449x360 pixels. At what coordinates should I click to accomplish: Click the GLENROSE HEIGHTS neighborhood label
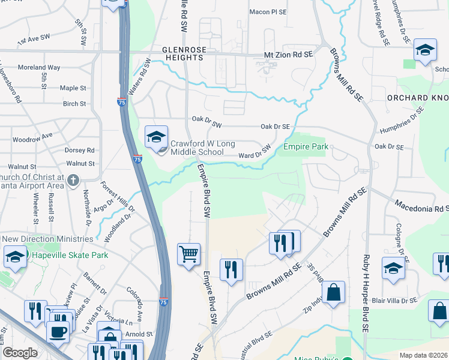click(x=182, y=53)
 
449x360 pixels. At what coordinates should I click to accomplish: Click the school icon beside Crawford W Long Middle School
click(x=156, y=137)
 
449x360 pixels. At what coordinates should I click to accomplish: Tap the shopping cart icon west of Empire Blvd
click(x=188, y=254)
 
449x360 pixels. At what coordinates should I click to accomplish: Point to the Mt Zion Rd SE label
click(x=289, y=55)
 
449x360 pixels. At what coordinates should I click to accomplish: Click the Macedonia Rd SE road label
click(x=421, y=207)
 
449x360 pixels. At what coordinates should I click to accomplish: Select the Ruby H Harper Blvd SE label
click(x=364, y=294)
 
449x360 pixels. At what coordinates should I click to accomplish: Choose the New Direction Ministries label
click(x=48, y=239)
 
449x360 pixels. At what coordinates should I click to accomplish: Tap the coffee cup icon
click(x=58, y=331)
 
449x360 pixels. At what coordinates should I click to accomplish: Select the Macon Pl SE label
click(x=268, y=11)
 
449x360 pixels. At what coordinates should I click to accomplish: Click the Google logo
click(x=20, y=352)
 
